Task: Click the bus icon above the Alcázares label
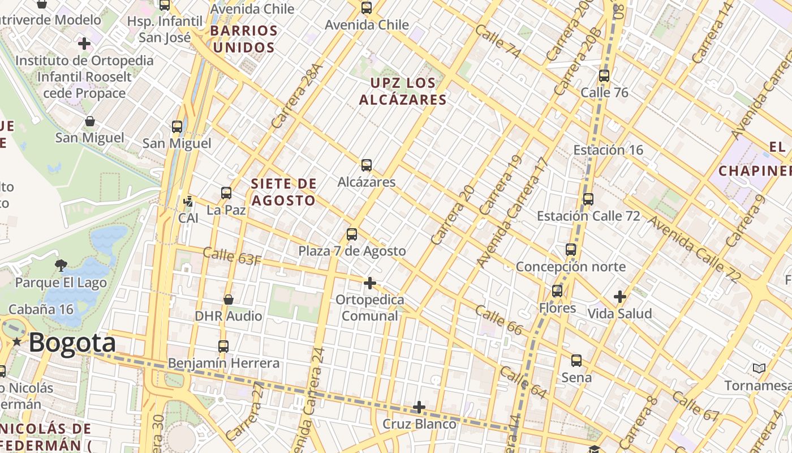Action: [367, 165]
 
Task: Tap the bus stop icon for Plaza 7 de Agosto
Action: [352, 234]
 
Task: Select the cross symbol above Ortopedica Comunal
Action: [370, 283]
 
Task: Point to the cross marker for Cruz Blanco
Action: [419, 407]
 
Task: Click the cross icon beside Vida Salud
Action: [620, 296]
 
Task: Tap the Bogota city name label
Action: [72, 343]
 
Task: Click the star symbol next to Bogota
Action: [18, 342]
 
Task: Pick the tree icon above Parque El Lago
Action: [61, 265]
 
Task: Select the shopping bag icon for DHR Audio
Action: [229, 299]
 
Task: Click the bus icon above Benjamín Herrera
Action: [223, 346]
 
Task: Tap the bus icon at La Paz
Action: [226, 193]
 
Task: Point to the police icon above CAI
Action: [188, 201]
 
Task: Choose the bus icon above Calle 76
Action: [604, 75]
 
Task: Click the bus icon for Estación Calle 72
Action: [588, 199]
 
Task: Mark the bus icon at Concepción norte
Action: [571, 249]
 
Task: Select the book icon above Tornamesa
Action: [759, 369]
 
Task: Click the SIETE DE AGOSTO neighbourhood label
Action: [284, 192]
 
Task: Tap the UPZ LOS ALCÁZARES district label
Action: [403, 91]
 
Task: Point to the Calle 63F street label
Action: [232, 256]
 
